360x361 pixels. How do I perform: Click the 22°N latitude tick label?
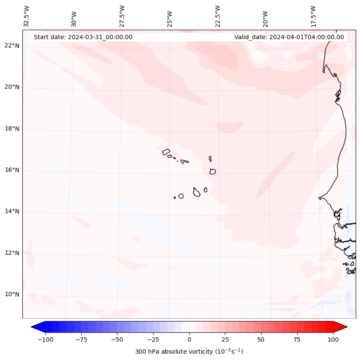(x=12, y=46)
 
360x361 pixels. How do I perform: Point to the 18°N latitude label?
(x=12, y=129)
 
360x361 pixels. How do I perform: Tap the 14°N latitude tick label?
(x=12, y=211)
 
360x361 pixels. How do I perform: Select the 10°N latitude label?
(x=12, y=294)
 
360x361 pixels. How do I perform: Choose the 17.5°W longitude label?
(x=313, y=16)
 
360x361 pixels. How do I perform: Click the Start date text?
(x=83, y=37)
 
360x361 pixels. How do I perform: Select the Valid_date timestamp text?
(x=289, y=37)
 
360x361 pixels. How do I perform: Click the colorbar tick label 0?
(x=189, y=339)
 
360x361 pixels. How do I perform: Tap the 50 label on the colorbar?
(x=261, y=339)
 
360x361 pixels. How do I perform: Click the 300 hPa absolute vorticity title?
(x=189, y=352)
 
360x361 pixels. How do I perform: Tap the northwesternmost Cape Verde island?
(x=166, y=151)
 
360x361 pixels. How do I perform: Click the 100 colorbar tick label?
(x=333, y=339)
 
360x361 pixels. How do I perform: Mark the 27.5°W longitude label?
(x=122, y=16)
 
